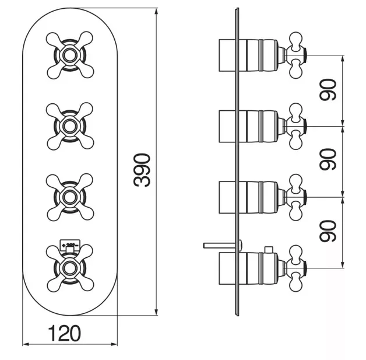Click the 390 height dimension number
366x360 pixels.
[x=142, y=170]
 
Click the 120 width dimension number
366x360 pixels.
[x=65, y=333]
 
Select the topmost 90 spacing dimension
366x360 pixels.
[x=328, y=90]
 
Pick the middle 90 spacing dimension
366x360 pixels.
[x=328, y=159]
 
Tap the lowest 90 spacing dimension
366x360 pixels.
[x=328, y=230]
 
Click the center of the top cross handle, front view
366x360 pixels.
[x=70, y=55]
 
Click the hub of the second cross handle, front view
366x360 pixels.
[x=70, y=127]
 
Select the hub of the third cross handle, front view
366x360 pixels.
[x=70, y=197]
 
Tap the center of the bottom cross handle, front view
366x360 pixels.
[x=70, y=268]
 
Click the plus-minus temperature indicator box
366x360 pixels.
[x=70, y=244]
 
